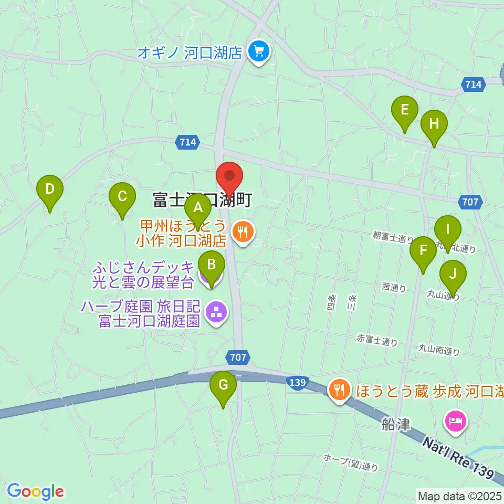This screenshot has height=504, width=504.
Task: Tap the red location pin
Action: tap(229, 180)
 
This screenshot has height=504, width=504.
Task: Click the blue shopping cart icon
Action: tap(258, 51)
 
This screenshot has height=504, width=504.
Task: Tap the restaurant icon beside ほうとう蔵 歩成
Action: tap(340, 389)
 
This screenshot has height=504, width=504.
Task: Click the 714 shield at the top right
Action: tap(473, 83)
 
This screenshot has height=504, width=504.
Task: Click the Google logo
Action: tap(35, 491)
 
